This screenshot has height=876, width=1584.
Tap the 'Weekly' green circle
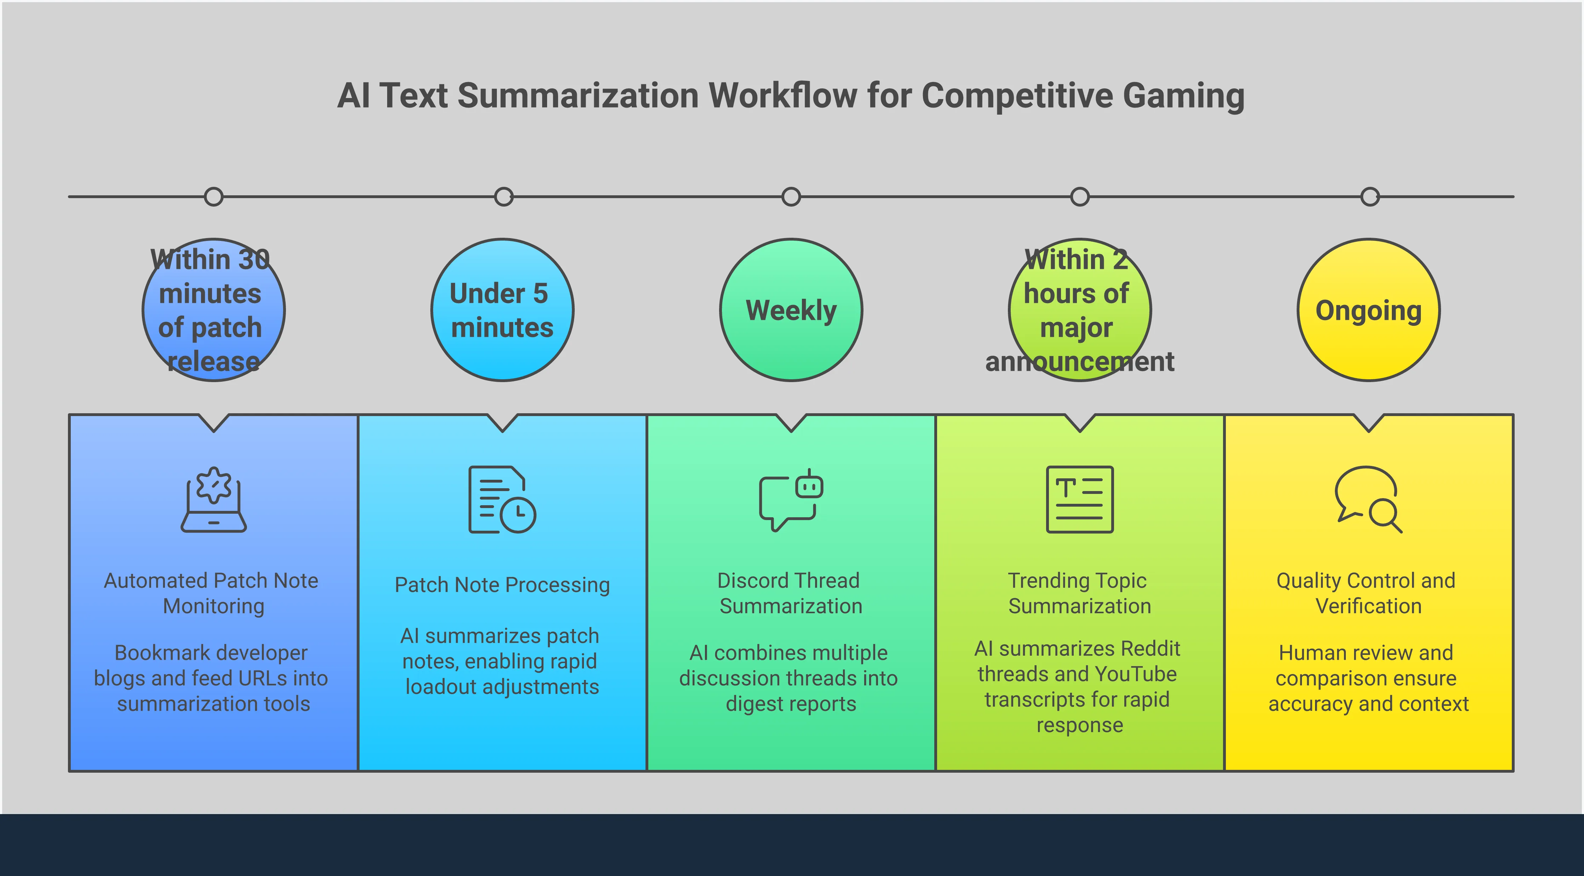pos(791,310)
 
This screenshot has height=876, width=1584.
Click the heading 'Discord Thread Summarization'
pos(791,593)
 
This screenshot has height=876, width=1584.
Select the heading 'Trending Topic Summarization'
pos(1079,593)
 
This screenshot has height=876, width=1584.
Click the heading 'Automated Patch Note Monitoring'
pos(212,593)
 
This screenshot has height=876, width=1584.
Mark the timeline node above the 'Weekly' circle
pos(791,197)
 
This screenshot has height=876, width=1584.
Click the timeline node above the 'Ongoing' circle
pos(1370,197)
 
